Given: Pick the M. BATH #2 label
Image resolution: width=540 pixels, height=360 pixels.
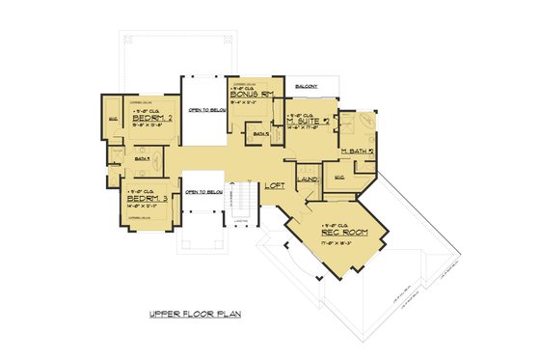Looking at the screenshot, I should pos(359,152).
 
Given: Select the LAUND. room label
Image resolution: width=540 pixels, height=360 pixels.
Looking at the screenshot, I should pos(309,180).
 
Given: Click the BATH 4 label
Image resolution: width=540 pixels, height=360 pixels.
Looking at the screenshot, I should pos(143,157).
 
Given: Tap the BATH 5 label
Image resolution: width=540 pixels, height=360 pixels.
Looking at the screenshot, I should pos(260,133).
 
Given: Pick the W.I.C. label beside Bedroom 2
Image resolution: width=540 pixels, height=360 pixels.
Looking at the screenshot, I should pos(114,121).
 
